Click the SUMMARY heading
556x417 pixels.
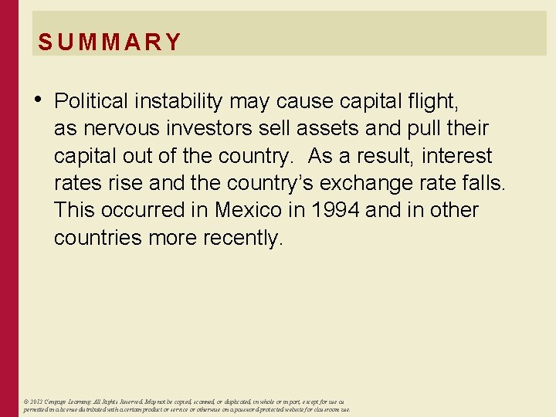[109, 42]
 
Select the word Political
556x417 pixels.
[93, 101]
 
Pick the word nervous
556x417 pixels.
[119, 129]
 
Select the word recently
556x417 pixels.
[243, 239]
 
